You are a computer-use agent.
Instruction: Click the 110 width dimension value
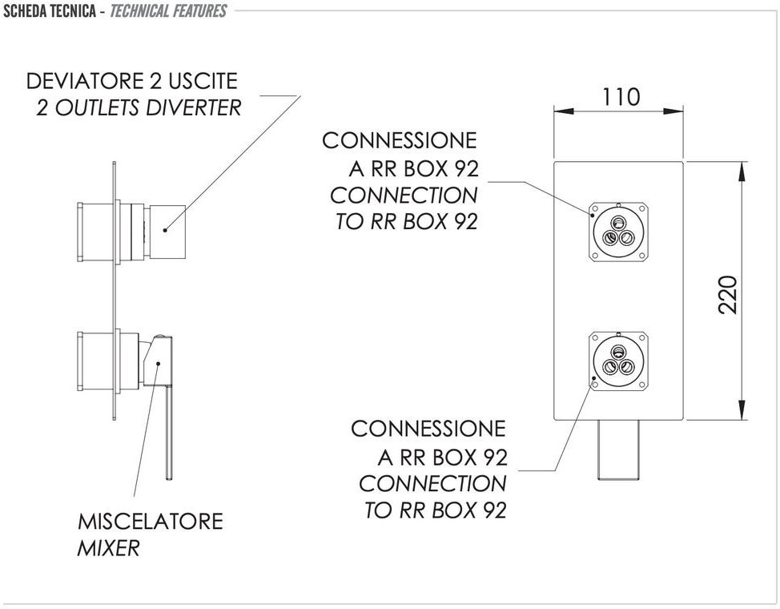(x=621, y=97)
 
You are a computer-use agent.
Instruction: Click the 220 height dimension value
(x=727, y=294)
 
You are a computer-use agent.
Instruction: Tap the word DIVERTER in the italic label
(x=194, y=107)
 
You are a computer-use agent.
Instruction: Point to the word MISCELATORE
(x=150, y=522)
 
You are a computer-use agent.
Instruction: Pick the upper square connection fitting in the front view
(x=617, y=231)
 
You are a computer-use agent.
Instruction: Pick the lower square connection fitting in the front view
(x=617, y=361)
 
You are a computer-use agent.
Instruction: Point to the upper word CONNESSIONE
(x=399, y=141)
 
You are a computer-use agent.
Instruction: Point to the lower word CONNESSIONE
(x=428, y=429)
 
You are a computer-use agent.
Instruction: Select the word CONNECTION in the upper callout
(x=403, y=195)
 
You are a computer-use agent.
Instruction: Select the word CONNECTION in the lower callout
(x=432, y=483)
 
